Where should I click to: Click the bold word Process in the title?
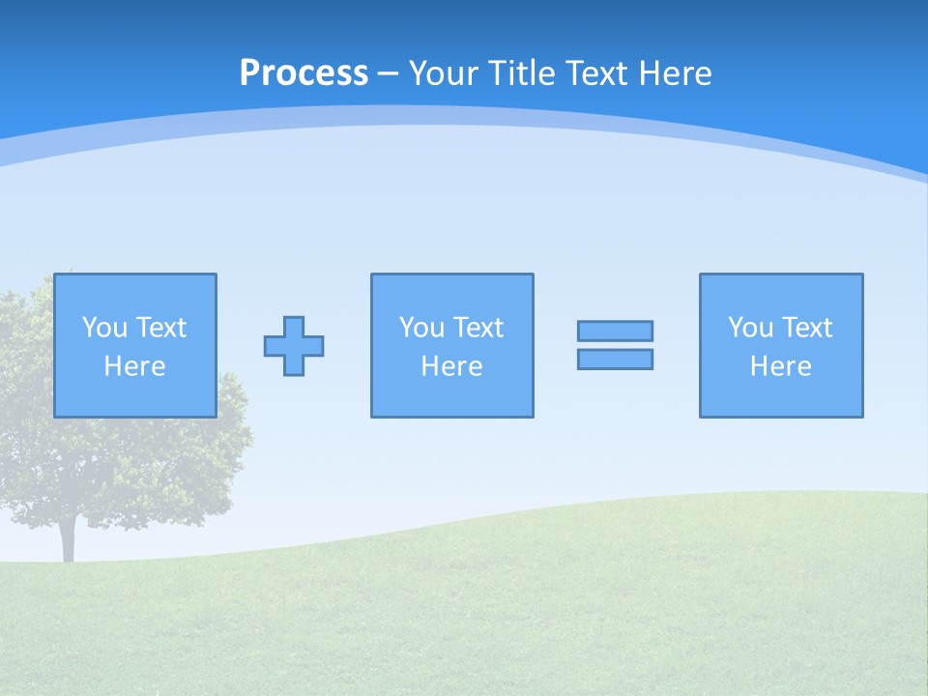304,73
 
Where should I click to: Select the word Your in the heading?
445,73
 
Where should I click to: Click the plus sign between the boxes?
294,346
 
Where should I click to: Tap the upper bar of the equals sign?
615,331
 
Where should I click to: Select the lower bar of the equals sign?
615,359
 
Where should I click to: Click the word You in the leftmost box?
104,328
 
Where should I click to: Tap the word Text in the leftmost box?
160,328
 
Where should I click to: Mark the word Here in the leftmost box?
135,366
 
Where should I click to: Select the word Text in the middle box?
478,328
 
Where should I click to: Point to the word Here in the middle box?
452,366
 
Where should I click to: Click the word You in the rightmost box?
750,328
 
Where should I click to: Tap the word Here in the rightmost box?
781,366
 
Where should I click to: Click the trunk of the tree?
68,541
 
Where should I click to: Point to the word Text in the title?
591,73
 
